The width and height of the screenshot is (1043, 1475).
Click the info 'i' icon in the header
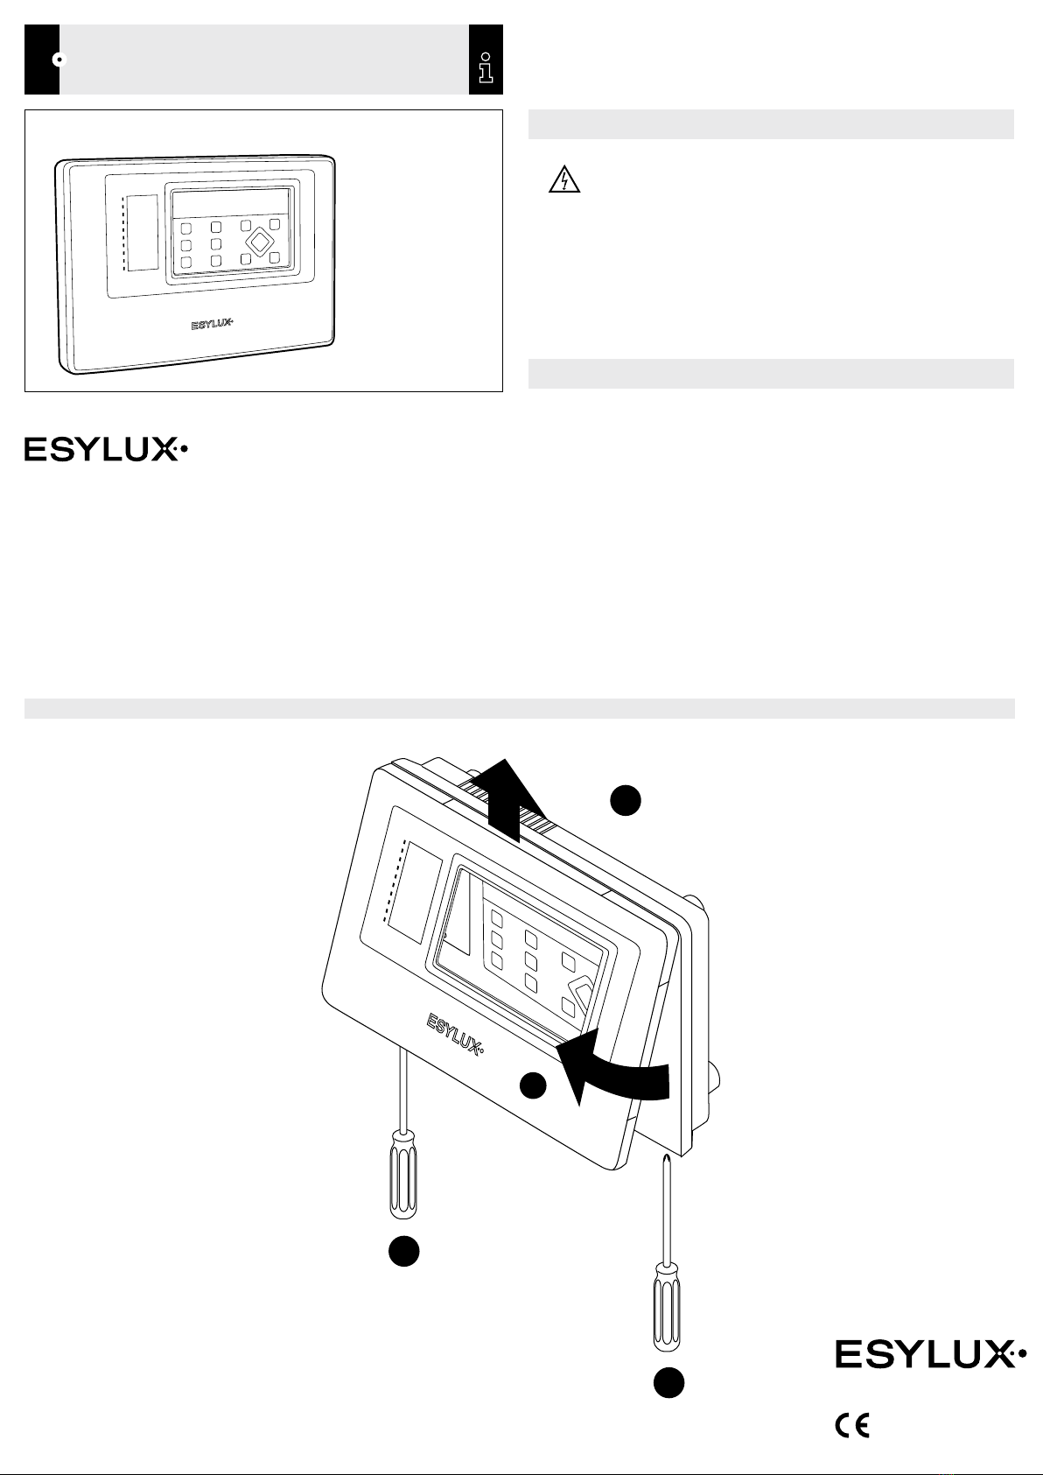tap(486, 67)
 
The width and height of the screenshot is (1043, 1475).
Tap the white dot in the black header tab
tap(59, 60)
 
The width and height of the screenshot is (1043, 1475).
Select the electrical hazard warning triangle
tap(564, 179)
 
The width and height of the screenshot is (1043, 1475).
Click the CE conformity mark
tap(852, 1426)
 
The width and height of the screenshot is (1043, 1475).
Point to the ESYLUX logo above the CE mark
tap(930, 1354)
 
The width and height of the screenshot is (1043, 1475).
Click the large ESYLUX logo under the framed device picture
tap(106, 449)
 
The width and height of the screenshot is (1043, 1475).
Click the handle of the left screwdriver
tap(403, 1173)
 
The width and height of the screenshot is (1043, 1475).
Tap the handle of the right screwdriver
tap(667, 1305)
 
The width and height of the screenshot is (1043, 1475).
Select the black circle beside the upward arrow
tap(625, 799)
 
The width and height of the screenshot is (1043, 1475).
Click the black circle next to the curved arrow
tap(533, 1085)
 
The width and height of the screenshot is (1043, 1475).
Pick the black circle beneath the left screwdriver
tap(403, 1250)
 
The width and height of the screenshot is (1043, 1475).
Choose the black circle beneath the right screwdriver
tap(668, 1382)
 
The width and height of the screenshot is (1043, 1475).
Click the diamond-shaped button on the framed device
tap(261, 242)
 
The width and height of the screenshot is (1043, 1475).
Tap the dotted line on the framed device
tap(122, 233)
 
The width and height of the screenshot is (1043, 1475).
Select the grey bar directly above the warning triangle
tap(771, 124)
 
